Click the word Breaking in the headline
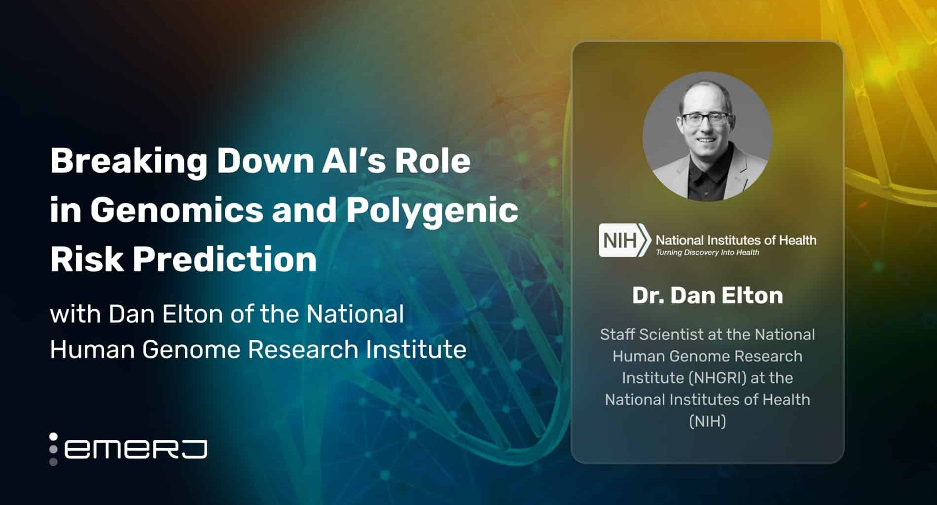pyautogui.click(x=129, y=162)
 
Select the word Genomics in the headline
pyautogui.click(x=177, y=210)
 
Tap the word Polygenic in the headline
pyautogui.click(x=432, y=210)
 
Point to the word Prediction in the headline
pyautogui.click(x=225, y=258)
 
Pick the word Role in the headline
pyautogui.click(x=433, y=161)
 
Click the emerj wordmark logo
pyautogui.click(x=128, y=449)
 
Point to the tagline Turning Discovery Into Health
pyautogui.click(x=707, y=252)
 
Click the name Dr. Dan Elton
pyautogui.click(x=708, y=295)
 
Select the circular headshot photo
pyautogui.click(x=708, y=137)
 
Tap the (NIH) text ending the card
pyautogui.click(x=708, y=421)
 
